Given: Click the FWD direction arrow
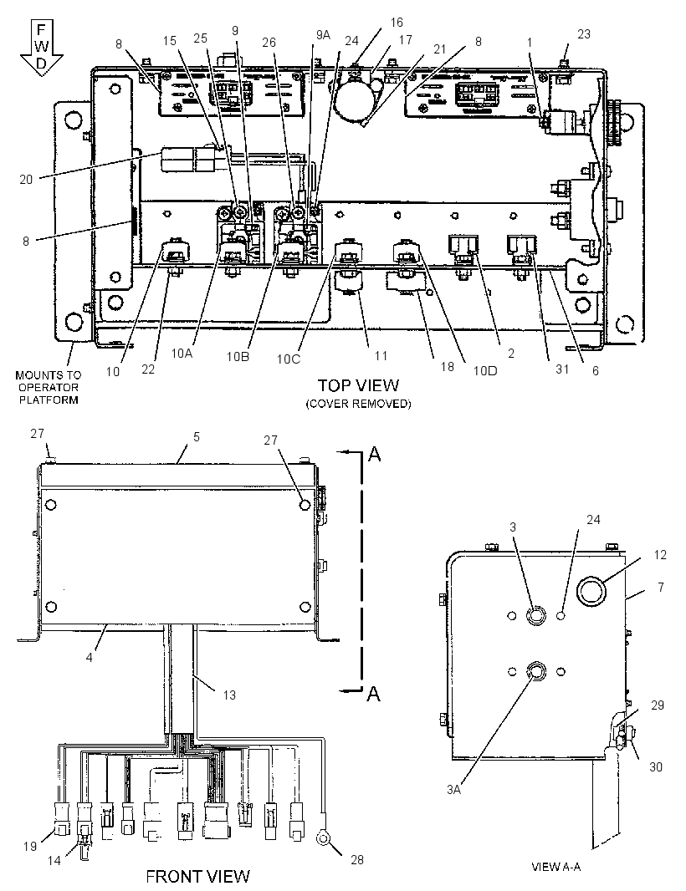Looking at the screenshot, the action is (x=42, y=48).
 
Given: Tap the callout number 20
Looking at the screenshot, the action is (x=26, y=180).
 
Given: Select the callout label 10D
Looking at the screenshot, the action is (x=484, y=370).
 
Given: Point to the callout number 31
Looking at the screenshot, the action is (x=562, y=369).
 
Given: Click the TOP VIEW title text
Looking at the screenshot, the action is (x=358, y=385).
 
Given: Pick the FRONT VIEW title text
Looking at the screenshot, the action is (x=198, y=876).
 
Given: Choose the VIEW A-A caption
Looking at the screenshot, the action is (x=555, y=867).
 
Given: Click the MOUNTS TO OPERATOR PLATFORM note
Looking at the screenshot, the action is (x=49, y=387).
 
